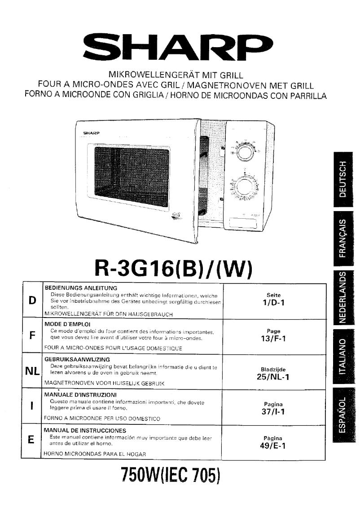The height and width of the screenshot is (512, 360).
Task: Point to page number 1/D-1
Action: (274, 303)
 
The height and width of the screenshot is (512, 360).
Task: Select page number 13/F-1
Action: (274, 339)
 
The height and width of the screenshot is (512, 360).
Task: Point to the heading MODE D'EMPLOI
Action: (67, 323)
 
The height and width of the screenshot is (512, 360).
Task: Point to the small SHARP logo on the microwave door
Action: (91, 134)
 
